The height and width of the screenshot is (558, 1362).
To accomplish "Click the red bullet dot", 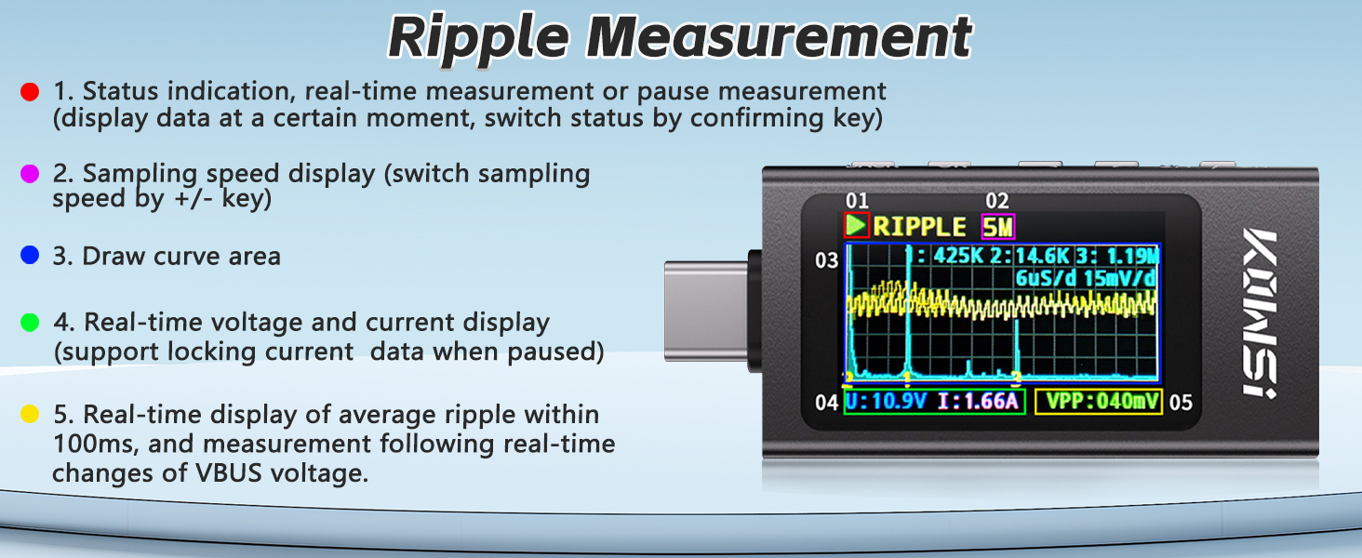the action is coord(30,92).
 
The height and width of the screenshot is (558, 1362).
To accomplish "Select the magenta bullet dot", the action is coord(30,173).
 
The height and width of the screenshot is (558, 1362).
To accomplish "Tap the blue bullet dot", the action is coord(30,256).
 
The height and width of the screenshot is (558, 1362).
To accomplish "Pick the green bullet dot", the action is coord(30,322).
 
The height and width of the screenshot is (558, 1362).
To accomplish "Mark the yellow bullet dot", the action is coord(30,414).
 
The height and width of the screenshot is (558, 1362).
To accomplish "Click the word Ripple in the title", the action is coord(479,38).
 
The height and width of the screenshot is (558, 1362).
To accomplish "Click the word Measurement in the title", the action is coord(779,37).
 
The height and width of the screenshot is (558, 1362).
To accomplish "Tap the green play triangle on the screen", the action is coord(856,225).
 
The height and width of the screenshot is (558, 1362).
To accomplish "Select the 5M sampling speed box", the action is coord(998,227).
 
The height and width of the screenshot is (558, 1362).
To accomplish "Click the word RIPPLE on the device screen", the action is coord(919,227).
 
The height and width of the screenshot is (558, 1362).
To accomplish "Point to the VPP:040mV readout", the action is coord(1099,402).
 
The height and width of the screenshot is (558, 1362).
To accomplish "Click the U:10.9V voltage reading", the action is coord(886,402).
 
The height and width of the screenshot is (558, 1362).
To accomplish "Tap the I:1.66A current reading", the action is coord(978,402).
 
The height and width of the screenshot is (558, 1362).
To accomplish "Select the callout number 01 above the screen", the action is coord(857,201).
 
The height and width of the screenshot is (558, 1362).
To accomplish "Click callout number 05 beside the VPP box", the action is coord(1181,403).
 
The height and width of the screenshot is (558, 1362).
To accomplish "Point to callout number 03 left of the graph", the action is coord(826,260).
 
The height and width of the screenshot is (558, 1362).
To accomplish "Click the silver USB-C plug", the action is coord(706,312).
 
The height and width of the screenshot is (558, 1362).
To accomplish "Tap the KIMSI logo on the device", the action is coord(1259,313).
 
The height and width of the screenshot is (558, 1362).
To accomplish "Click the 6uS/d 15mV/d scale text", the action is coord(1086,278).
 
